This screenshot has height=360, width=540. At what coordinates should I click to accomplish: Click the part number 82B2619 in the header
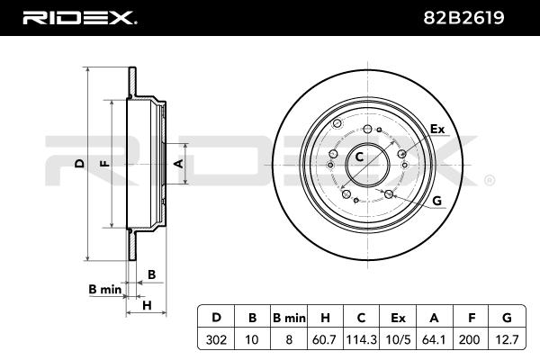point(463,18)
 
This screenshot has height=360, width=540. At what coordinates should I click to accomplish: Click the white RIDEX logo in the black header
point(80,18)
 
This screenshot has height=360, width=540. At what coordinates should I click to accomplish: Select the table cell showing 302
point(216,339)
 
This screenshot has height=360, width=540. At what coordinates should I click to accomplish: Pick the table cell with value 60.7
point(324,339)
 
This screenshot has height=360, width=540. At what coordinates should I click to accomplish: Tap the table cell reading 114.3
point(361,339)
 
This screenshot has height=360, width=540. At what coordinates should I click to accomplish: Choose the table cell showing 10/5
point(398,339)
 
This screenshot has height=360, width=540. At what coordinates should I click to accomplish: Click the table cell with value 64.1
point(434,339)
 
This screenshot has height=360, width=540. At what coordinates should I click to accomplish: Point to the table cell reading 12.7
point(507,339)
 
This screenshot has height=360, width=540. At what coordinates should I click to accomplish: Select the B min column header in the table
point(289,318)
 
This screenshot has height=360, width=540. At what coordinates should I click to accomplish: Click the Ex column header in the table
point(398,318)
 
